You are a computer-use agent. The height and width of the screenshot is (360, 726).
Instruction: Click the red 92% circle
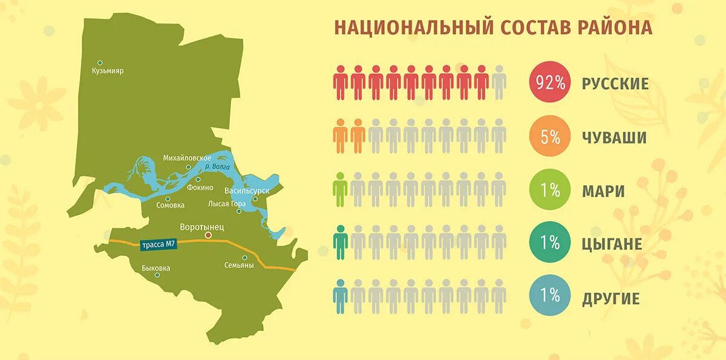(549, 83)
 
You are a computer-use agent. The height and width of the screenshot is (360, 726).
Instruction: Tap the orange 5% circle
(549, 137)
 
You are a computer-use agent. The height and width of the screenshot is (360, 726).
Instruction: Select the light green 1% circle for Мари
(549, 191)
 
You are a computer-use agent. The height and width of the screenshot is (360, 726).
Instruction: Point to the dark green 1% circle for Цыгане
(549, 243)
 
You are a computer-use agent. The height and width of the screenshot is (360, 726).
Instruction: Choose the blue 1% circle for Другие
(549, 296)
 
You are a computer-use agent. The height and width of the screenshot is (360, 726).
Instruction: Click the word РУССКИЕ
(615, 83)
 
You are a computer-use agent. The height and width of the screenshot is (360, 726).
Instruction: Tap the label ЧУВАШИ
(615, 138)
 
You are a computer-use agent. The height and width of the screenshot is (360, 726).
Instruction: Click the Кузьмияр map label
(108, 71)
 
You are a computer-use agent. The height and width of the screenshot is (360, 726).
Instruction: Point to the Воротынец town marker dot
(208, 235)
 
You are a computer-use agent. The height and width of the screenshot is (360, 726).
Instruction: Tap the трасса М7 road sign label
(159, 245)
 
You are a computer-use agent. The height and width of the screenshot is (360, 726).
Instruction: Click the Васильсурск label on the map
(247, 191)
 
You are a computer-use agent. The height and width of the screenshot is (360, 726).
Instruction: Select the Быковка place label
(156, 267)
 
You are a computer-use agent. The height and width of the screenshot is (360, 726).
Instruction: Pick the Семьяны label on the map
(239, 265)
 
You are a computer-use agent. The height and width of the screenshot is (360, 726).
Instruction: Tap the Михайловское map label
(187, 158)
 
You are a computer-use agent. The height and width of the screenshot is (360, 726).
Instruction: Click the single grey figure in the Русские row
(499, 83)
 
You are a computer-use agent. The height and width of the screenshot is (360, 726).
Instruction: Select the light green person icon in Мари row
(341, 189)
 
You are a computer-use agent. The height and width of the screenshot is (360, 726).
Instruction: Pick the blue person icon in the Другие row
(341, 296)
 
